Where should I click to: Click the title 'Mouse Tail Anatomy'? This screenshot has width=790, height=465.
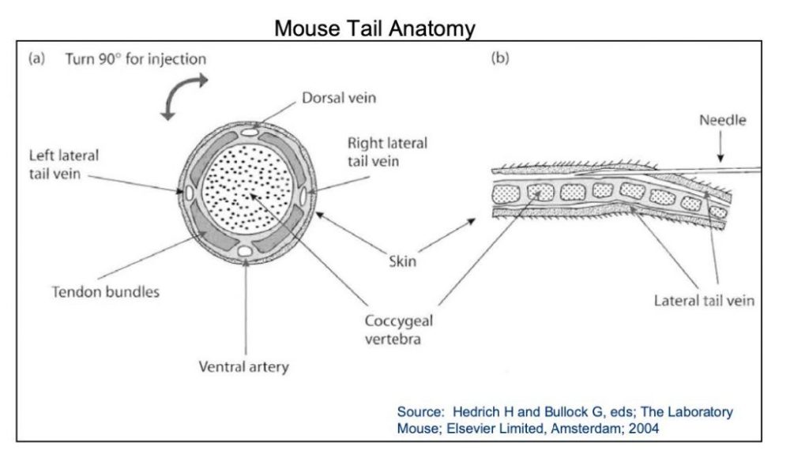tap(374, 29)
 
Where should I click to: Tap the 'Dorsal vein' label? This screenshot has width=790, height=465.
tap(338, 99)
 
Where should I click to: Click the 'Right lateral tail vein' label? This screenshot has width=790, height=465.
tap(387, 152)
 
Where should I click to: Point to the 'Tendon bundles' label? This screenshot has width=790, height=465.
tap(105, 292)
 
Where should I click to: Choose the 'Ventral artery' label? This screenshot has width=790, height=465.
tap(243, 366)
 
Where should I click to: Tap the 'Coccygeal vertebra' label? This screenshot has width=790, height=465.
tap(398, 329)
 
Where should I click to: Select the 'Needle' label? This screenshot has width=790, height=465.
tap(722, 121)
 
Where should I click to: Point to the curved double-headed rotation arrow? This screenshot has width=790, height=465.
tap(183, 96)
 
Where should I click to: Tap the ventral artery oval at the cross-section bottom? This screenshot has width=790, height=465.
tap(246, 250)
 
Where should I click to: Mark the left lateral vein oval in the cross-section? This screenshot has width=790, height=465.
tap(189, 192)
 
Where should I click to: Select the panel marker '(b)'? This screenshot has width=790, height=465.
tap(500, 58)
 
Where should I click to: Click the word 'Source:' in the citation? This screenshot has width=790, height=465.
tap(422, 412)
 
